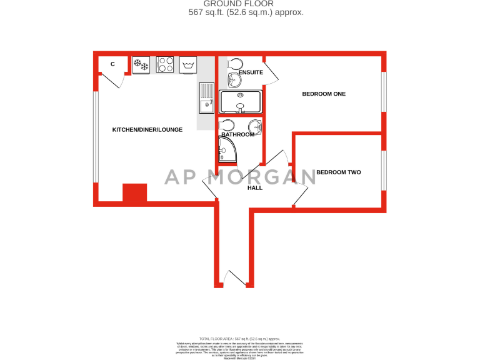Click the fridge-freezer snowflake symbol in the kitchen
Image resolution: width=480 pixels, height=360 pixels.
(140, 65)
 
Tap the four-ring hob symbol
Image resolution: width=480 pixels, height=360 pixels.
(165, 65)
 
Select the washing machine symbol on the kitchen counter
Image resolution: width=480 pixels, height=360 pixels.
(187, 65)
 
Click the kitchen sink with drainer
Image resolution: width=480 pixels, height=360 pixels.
(206, 99)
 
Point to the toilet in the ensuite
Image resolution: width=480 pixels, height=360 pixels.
(234, 64)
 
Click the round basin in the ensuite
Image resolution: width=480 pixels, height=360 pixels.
(233, 79)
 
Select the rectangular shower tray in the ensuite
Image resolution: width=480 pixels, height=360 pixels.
(240, 101)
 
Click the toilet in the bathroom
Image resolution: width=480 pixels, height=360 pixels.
(227, 124)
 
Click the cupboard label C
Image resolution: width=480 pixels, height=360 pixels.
(112, 64)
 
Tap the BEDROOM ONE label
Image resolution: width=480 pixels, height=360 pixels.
(324, 94)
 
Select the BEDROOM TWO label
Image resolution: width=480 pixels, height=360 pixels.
(338, 172)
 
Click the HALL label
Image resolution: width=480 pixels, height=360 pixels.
(255, 187)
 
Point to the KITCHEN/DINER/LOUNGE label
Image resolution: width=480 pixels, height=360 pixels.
(147, 130)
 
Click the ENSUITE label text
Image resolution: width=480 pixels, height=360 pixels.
(250, 73)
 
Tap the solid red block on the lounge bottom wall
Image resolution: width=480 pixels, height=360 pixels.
(134, 193)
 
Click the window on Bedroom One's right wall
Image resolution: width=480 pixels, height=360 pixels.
(384, 93)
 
